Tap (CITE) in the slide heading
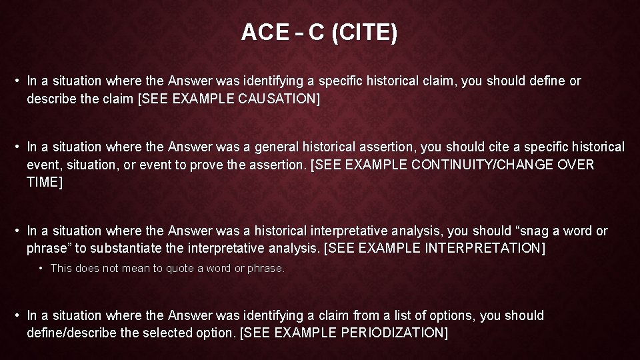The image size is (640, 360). click(x=364, y=32)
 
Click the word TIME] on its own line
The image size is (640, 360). click(x=45, y=181)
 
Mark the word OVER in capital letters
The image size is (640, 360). click(x=578, y=164)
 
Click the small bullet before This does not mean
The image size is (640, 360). click(x=41, y=268)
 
